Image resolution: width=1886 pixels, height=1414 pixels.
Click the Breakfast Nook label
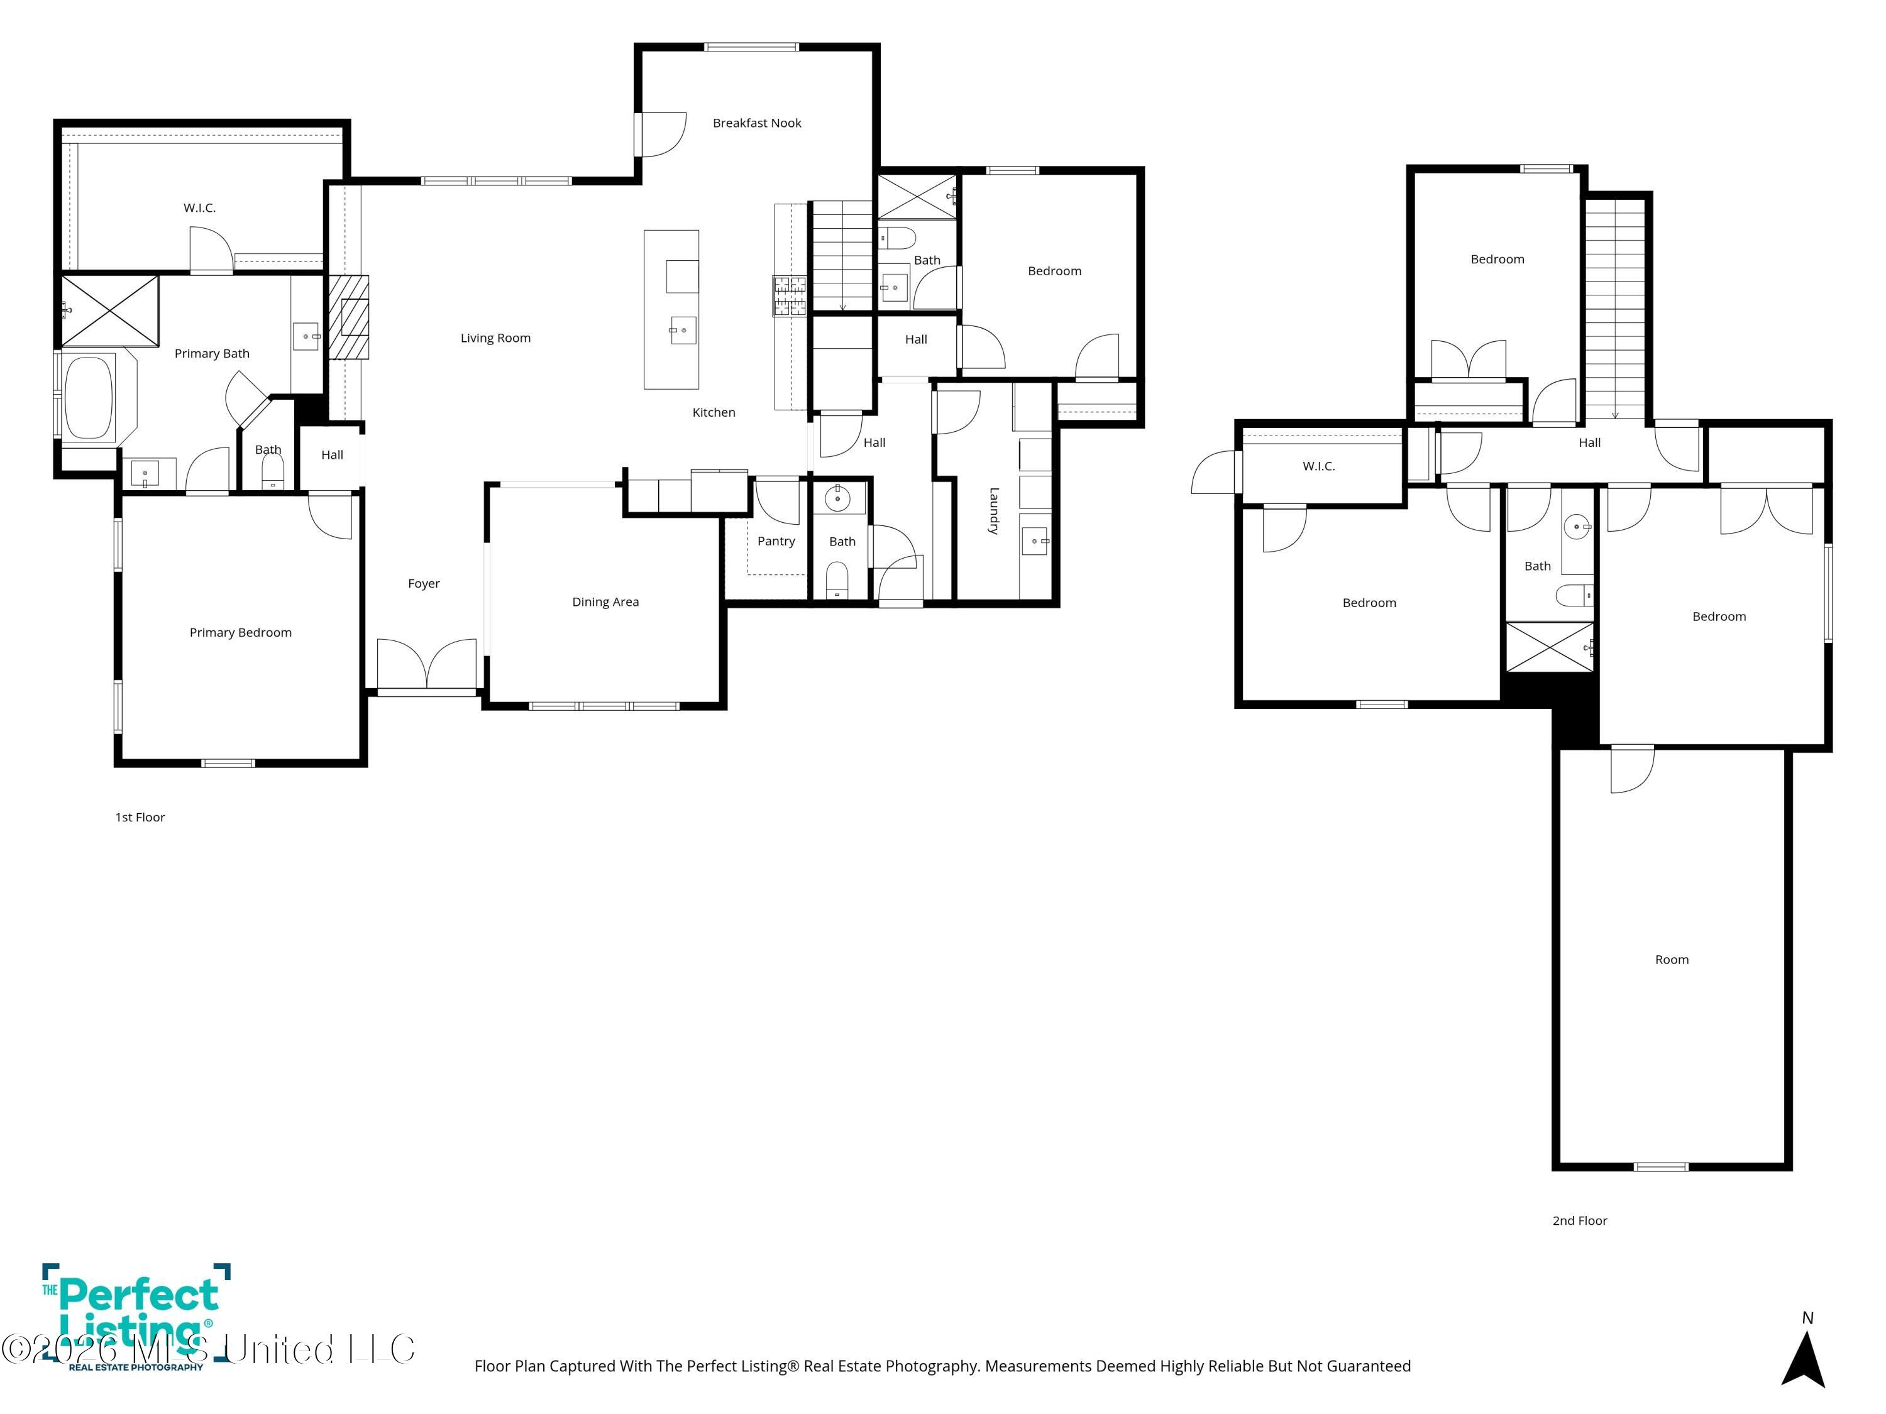coord(756,123)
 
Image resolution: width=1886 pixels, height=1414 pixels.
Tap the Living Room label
coord(495,338)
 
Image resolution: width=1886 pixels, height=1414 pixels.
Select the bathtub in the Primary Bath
coord(89,397)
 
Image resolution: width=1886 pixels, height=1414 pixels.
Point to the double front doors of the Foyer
coord(426,665)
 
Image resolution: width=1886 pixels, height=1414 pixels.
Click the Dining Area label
coord(605,602)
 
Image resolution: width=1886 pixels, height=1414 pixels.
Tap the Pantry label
coord(776,541)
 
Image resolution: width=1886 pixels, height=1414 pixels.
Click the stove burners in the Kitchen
coord(790,295)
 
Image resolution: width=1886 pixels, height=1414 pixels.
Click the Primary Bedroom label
coord(240,632)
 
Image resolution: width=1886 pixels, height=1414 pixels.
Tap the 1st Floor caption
coord(140,818)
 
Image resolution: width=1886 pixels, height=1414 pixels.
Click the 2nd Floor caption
coord(1579,1220)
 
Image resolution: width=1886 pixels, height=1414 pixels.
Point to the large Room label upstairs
coord(1671,960)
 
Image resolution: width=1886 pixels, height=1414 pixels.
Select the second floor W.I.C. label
coord(1318,466)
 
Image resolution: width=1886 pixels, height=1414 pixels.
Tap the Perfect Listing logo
coord(136,1317)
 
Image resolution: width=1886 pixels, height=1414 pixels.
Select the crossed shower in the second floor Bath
coord(1549,647)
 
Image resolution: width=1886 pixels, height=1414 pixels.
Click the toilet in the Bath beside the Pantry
coord(837,581)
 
